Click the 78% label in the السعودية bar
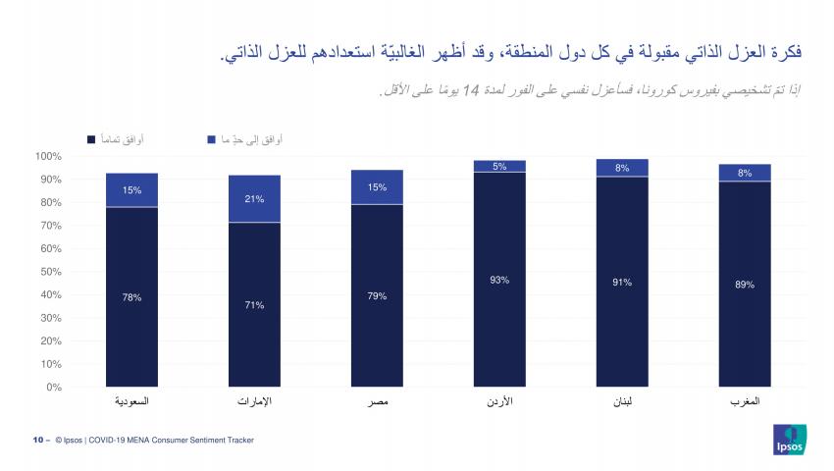pos(132,297)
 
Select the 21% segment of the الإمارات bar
pos(254,199)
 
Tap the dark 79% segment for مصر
pos(377,295)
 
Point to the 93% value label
pos(499,280)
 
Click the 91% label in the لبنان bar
pos(622,283)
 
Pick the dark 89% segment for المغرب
pos(745,285)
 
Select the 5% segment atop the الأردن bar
pos(499,167)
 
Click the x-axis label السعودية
pos(132,403)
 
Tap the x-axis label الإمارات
pos(254,403)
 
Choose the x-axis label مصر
pos(377,403)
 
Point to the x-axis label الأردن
pos(499,403)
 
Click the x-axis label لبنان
pos(622,403)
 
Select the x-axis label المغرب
pos(745,403)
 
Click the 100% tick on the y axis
pos(48,156)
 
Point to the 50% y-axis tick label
pos(50,272)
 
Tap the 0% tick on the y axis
pos(54,387)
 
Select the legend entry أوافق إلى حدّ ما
pos(251,140)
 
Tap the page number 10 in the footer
pos(36,441)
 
